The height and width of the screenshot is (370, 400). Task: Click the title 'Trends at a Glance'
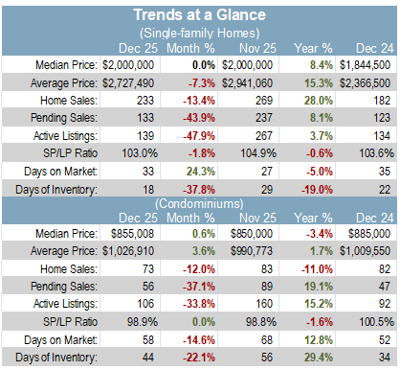click(x=199, y=14)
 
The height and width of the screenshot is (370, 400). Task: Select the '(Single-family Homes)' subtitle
click(x=199, y=33)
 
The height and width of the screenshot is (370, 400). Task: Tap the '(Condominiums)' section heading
click(x=199, y=203)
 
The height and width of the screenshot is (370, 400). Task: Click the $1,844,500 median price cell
click(x=365, y=65)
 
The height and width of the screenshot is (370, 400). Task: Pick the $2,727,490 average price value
click(x=128, y=83)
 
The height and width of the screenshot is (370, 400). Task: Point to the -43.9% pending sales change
click(x=199, y=118)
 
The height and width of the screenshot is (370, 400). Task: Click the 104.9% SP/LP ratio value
click(x=258, y=153)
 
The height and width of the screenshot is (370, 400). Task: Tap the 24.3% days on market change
click(x=201, y=172)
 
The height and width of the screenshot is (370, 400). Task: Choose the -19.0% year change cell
click(x=317, y=190)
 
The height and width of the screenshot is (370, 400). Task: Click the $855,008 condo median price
click(x=132, y=234)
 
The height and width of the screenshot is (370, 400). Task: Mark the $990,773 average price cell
click(x=252, y=251)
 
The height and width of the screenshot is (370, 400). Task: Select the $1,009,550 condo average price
click(x=365, y=251)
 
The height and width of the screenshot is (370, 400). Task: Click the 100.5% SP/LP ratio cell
click(x=376, y=322)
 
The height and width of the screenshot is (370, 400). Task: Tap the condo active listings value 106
click(x=145, y=303)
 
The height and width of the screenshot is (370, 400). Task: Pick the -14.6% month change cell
click(x=199, y=339)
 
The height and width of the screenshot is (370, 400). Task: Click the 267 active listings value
click(x=264, y=135)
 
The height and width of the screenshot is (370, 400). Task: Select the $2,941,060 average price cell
click(x=247, y=83)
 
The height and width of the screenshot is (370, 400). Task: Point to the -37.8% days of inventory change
click(x=199, y=190)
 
